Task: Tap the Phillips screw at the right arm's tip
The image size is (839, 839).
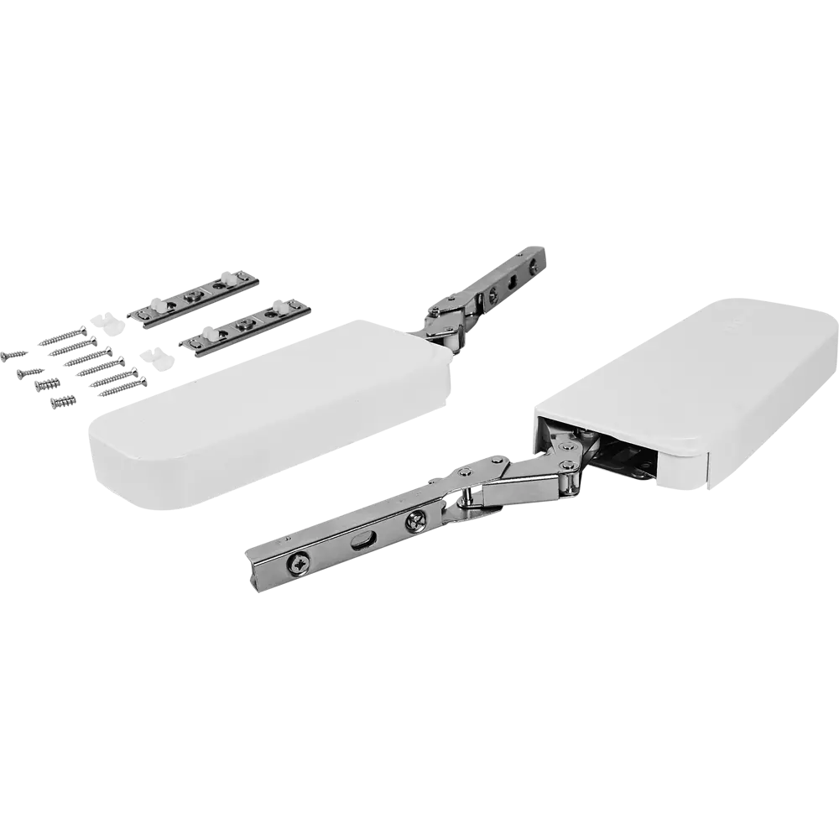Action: coord(300,565)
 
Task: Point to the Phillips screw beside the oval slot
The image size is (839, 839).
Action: coord(414,524)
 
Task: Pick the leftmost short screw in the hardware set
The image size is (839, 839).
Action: coord(13,353)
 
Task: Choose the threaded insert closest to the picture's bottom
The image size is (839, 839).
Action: coord(63,403)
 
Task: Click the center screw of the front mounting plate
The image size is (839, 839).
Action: coord(244,323)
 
